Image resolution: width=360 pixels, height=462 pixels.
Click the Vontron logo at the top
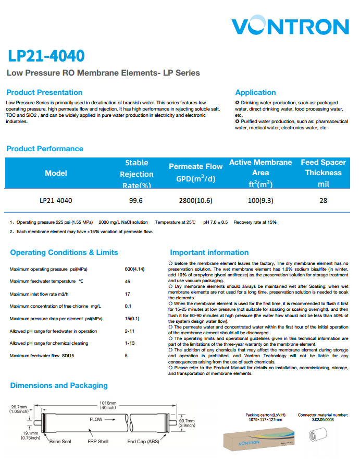coord(290,27)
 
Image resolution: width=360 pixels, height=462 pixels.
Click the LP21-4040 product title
coord(46,56)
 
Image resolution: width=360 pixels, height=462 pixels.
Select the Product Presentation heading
coord(44,92)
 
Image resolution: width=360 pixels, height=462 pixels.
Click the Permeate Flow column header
coord(195,173)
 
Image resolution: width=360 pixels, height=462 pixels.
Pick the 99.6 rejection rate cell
coord(136,200)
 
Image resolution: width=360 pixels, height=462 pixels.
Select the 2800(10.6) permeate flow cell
coord(195,200)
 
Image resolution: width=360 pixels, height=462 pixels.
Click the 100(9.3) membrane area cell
coord(260,200)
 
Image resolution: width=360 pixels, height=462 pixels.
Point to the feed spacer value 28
coord(323,200)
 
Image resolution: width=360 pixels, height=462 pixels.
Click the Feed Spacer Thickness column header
coord(323,173)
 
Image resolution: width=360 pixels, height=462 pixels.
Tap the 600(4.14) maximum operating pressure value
coord(134,269)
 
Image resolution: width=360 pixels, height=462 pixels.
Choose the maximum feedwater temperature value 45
coord(128,282)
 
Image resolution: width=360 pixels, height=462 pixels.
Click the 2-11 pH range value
coord(130,331)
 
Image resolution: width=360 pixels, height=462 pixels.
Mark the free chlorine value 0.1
coord(128,306)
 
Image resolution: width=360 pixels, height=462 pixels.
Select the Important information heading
coord(209,252)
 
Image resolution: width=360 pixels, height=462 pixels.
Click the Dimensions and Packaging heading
coord(59,385)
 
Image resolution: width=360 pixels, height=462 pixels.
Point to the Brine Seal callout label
coord(60,442)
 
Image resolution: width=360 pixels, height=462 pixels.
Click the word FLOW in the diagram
coord(96,419)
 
